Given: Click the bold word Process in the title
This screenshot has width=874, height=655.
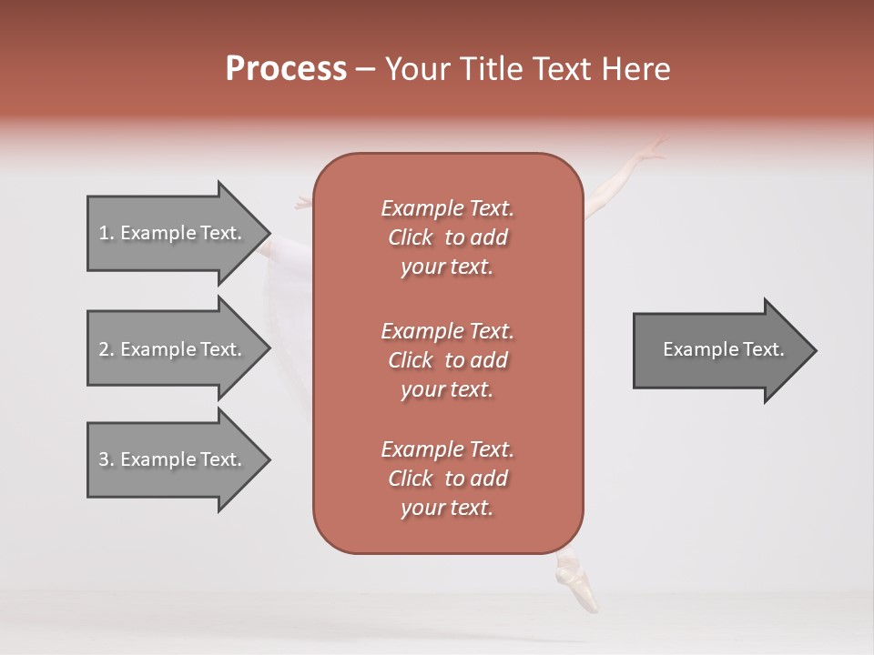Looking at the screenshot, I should coord(286,69).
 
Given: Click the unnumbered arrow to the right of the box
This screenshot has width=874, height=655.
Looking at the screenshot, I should coord(719,350).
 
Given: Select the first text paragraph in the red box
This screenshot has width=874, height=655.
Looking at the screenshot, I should coord(448,237).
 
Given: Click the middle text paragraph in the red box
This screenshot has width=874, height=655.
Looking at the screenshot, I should coord(448,359).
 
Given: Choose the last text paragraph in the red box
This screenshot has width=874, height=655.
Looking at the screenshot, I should coord(448,479).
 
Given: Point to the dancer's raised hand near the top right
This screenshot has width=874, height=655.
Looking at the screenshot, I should coord(652,150).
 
